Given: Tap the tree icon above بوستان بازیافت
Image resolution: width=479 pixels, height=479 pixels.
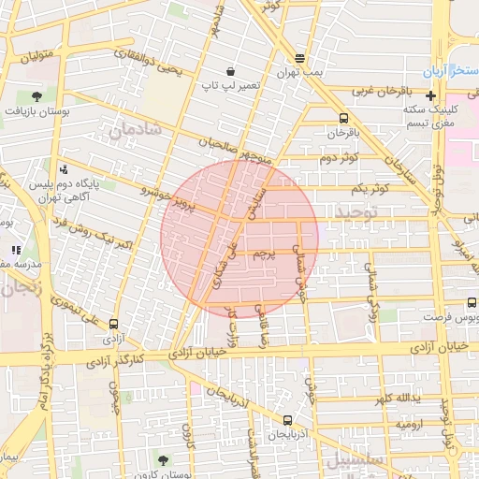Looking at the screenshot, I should pos(36,95).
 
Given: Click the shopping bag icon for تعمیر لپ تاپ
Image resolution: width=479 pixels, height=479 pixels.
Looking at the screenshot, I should pos(230,71).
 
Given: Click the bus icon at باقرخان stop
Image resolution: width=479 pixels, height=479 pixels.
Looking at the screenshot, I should pos(343,118).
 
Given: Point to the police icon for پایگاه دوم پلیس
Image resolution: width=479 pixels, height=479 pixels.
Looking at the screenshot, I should pos(64,169).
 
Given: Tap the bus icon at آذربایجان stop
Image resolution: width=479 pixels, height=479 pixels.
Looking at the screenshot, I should pos(286,421).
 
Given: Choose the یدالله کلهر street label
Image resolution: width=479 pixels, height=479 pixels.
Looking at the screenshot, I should pos(395,400).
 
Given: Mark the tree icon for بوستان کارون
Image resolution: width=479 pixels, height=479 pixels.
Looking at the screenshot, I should pos(164,459).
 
